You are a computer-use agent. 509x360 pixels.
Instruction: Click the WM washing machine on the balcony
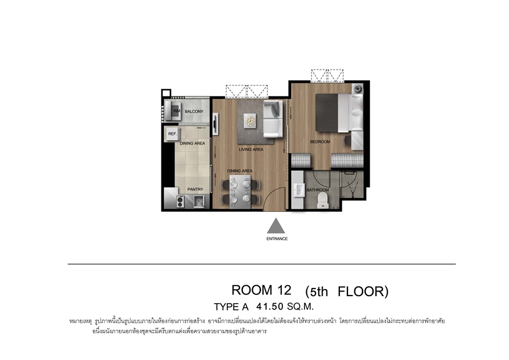pyautogui.click(x=173, y=110)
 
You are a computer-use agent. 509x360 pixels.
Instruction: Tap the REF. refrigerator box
pyautogui.click(x=173, y=134)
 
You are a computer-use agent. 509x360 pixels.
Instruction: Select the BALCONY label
pyautogui.click(x=194, y=111)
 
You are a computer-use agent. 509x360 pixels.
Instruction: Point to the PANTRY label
pyautogui.click(x=195, y=189)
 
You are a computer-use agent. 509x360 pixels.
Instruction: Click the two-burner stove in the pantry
pyautogui.click(x=180, y=201)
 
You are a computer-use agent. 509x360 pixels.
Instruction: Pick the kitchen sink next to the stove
pyautogui.click(x=198, y=201)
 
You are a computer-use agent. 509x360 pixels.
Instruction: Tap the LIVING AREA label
pyautogui.click(x=251, y=149)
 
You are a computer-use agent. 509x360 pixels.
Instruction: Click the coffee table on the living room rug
pyautogui.click(x=250, y=121)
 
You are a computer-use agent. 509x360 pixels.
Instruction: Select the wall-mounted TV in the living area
pyautogui.click(x=215, y=124)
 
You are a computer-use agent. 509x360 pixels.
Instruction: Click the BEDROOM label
pyautogui.click(x=320, y=142)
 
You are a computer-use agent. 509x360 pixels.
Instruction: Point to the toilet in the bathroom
pyautogui.click(x=322, y=200)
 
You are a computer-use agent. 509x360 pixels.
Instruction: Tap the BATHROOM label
pyautogui.click(x=317, y=190)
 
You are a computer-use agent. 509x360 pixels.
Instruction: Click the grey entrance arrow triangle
pyautogui.click(x=276, y=226)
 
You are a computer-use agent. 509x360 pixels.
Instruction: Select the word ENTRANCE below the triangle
pyautogui.click(x=277, y=239)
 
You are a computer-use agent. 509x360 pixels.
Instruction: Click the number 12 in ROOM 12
pyautogui.click(x=284, y=290)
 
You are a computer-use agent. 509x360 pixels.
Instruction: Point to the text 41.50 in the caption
pyautogui.click(x=270, y=306)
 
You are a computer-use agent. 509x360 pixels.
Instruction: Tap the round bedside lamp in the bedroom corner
pyautogui.click(x=358, y=88)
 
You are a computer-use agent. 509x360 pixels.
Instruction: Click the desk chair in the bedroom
pyautogui.click(x=346, y=141)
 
